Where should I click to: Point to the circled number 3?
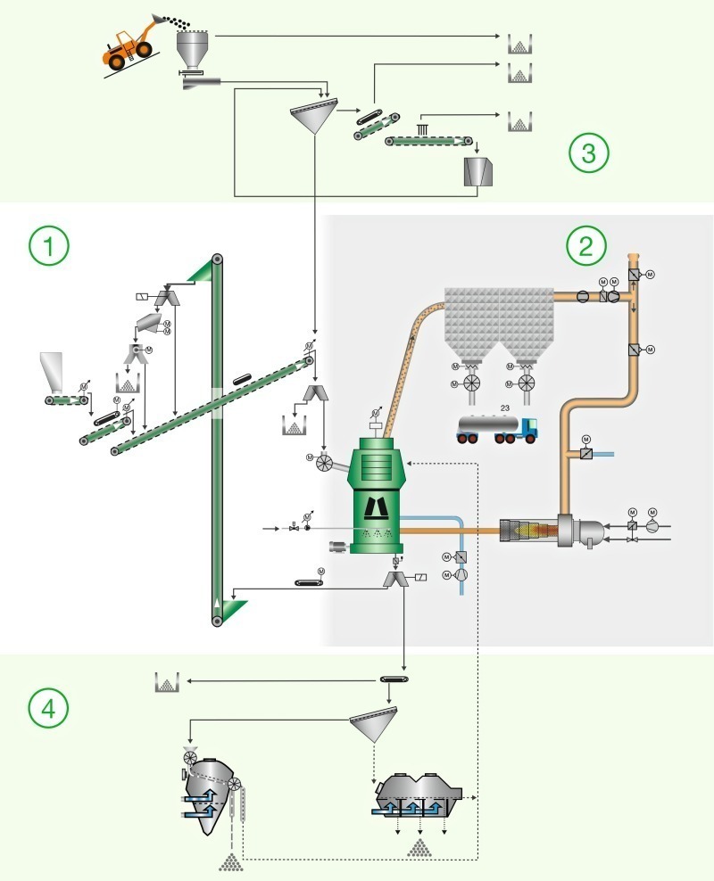click(x=589, y=153)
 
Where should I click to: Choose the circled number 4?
click(x=49, y=708)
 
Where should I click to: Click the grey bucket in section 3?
click(x=479, y=171)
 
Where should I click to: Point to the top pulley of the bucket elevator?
click(x=216, y=260)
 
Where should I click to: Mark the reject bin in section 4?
click(x=166, y=683)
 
